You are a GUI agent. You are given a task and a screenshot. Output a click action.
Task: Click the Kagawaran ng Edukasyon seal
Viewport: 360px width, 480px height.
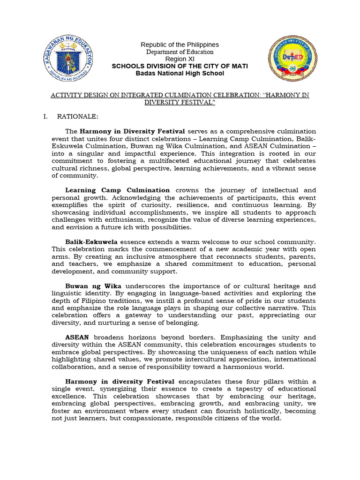(x=68, y=59)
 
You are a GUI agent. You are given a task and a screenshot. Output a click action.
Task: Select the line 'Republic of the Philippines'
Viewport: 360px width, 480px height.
(x=180, y=45)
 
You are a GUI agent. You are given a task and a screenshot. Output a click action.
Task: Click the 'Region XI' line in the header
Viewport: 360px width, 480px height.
(x=180, y=59)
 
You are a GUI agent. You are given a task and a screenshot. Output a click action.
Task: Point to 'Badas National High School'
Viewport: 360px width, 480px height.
(x=180, y=73)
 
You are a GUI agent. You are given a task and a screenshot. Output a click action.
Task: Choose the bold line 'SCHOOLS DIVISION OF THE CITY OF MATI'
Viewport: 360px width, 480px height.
(x=180, y=66)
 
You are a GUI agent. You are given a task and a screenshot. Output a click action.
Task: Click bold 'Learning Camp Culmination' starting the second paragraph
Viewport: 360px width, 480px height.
(x=117, y=190)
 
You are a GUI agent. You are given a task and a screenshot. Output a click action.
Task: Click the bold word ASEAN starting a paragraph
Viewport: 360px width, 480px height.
(x=77, y=337)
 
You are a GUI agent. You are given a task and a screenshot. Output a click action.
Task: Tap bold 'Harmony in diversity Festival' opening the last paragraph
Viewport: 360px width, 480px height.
(x=120, y=382)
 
